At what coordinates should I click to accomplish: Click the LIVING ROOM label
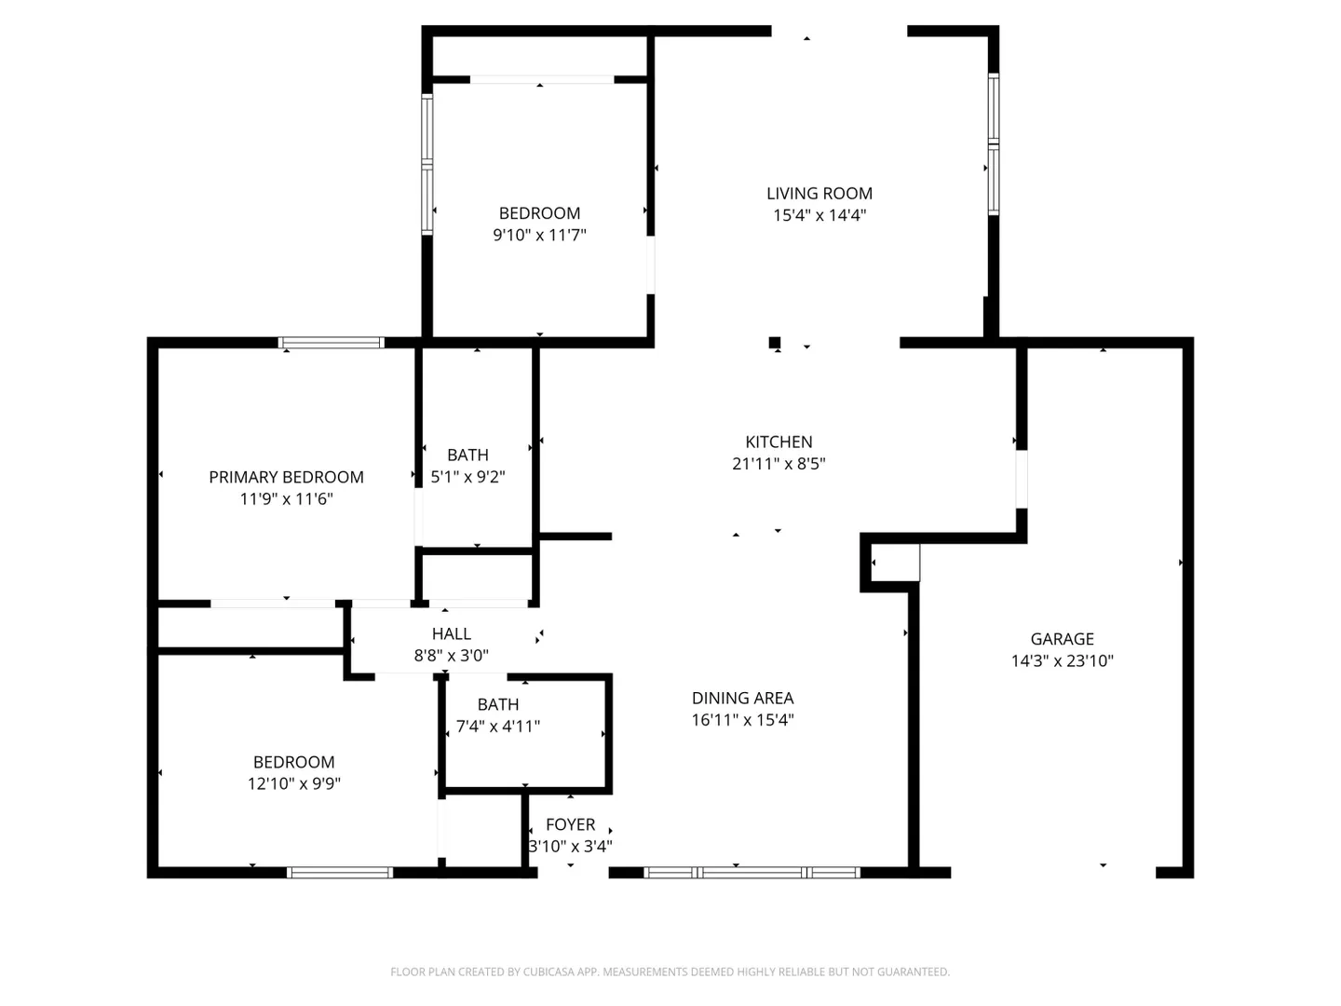coord(819,194)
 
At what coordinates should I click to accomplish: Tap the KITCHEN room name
coord(779,442)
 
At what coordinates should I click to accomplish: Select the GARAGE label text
coord(1062,639)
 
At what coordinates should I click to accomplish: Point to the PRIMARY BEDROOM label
coord(286,477)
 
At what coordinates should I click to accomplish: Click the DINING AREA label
coord(742,698)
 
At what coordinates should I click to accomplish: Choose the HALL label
coord(452,633)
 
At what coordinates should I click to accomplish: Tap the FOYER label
coord(570,824)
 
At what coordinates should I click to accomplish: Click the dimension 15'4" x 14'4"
coord(819,215)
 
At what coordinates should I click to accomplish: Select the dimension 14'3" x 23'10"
coord(1062,661)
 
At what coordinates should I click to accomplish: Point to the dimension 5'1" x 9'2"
coord(468,476)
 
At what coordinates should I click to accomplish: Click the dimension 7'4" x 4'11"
coord(498,727)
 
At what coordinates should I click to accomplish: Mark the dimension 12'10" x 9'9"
coord(294,783)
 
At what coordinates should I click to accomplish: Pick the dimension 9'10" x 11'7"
coord(539,235)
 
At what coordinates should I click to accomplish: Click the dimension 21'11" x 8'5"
coord(779,464)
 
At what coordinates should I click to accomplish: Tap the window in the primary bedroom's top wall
coord(332,343)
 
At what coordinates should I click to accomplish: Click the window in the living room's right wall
coord(994,144)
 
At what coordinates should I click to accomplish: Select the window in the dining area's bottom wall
coord(752,873)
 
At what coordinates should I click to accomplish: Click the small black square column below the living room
coord(774,343)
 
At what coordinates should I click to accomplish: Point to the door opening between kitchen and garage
coord(1021,480)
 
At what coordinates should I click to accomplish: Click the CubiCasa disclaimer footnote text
coord(670,972)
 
